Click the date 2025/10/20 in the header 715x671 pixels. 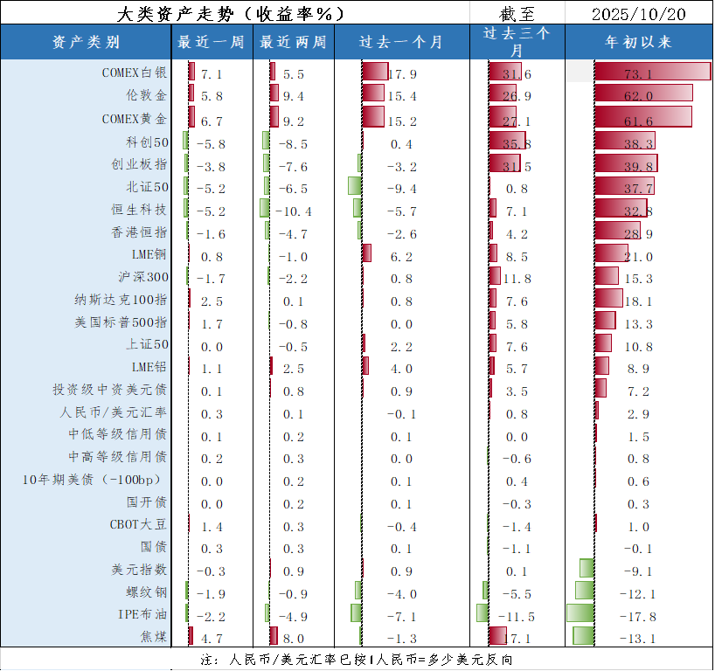[638, 14]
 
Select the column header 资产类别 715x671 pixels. [86, 42]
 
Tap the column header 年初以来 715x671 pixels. [638, 42]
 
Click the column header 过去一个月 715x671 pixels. [401, 42]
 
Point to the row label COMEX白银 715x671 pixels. [134, 73]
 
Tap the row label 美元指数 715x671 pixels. [139, 570]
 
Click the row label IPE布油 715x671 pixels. [142, 614]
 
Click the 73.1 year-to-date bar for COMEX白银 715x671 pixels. [652, 73]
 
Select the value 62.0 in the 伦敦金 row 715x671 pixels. [638, 95]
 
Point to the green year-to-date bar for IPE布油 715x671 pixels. [580, 613]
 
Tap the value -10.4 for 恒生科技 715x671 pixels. [293, 211]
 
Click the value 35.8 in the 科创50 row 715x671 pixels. [517, 143]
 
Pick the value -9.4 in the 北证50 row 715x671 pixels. [401, 189]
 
